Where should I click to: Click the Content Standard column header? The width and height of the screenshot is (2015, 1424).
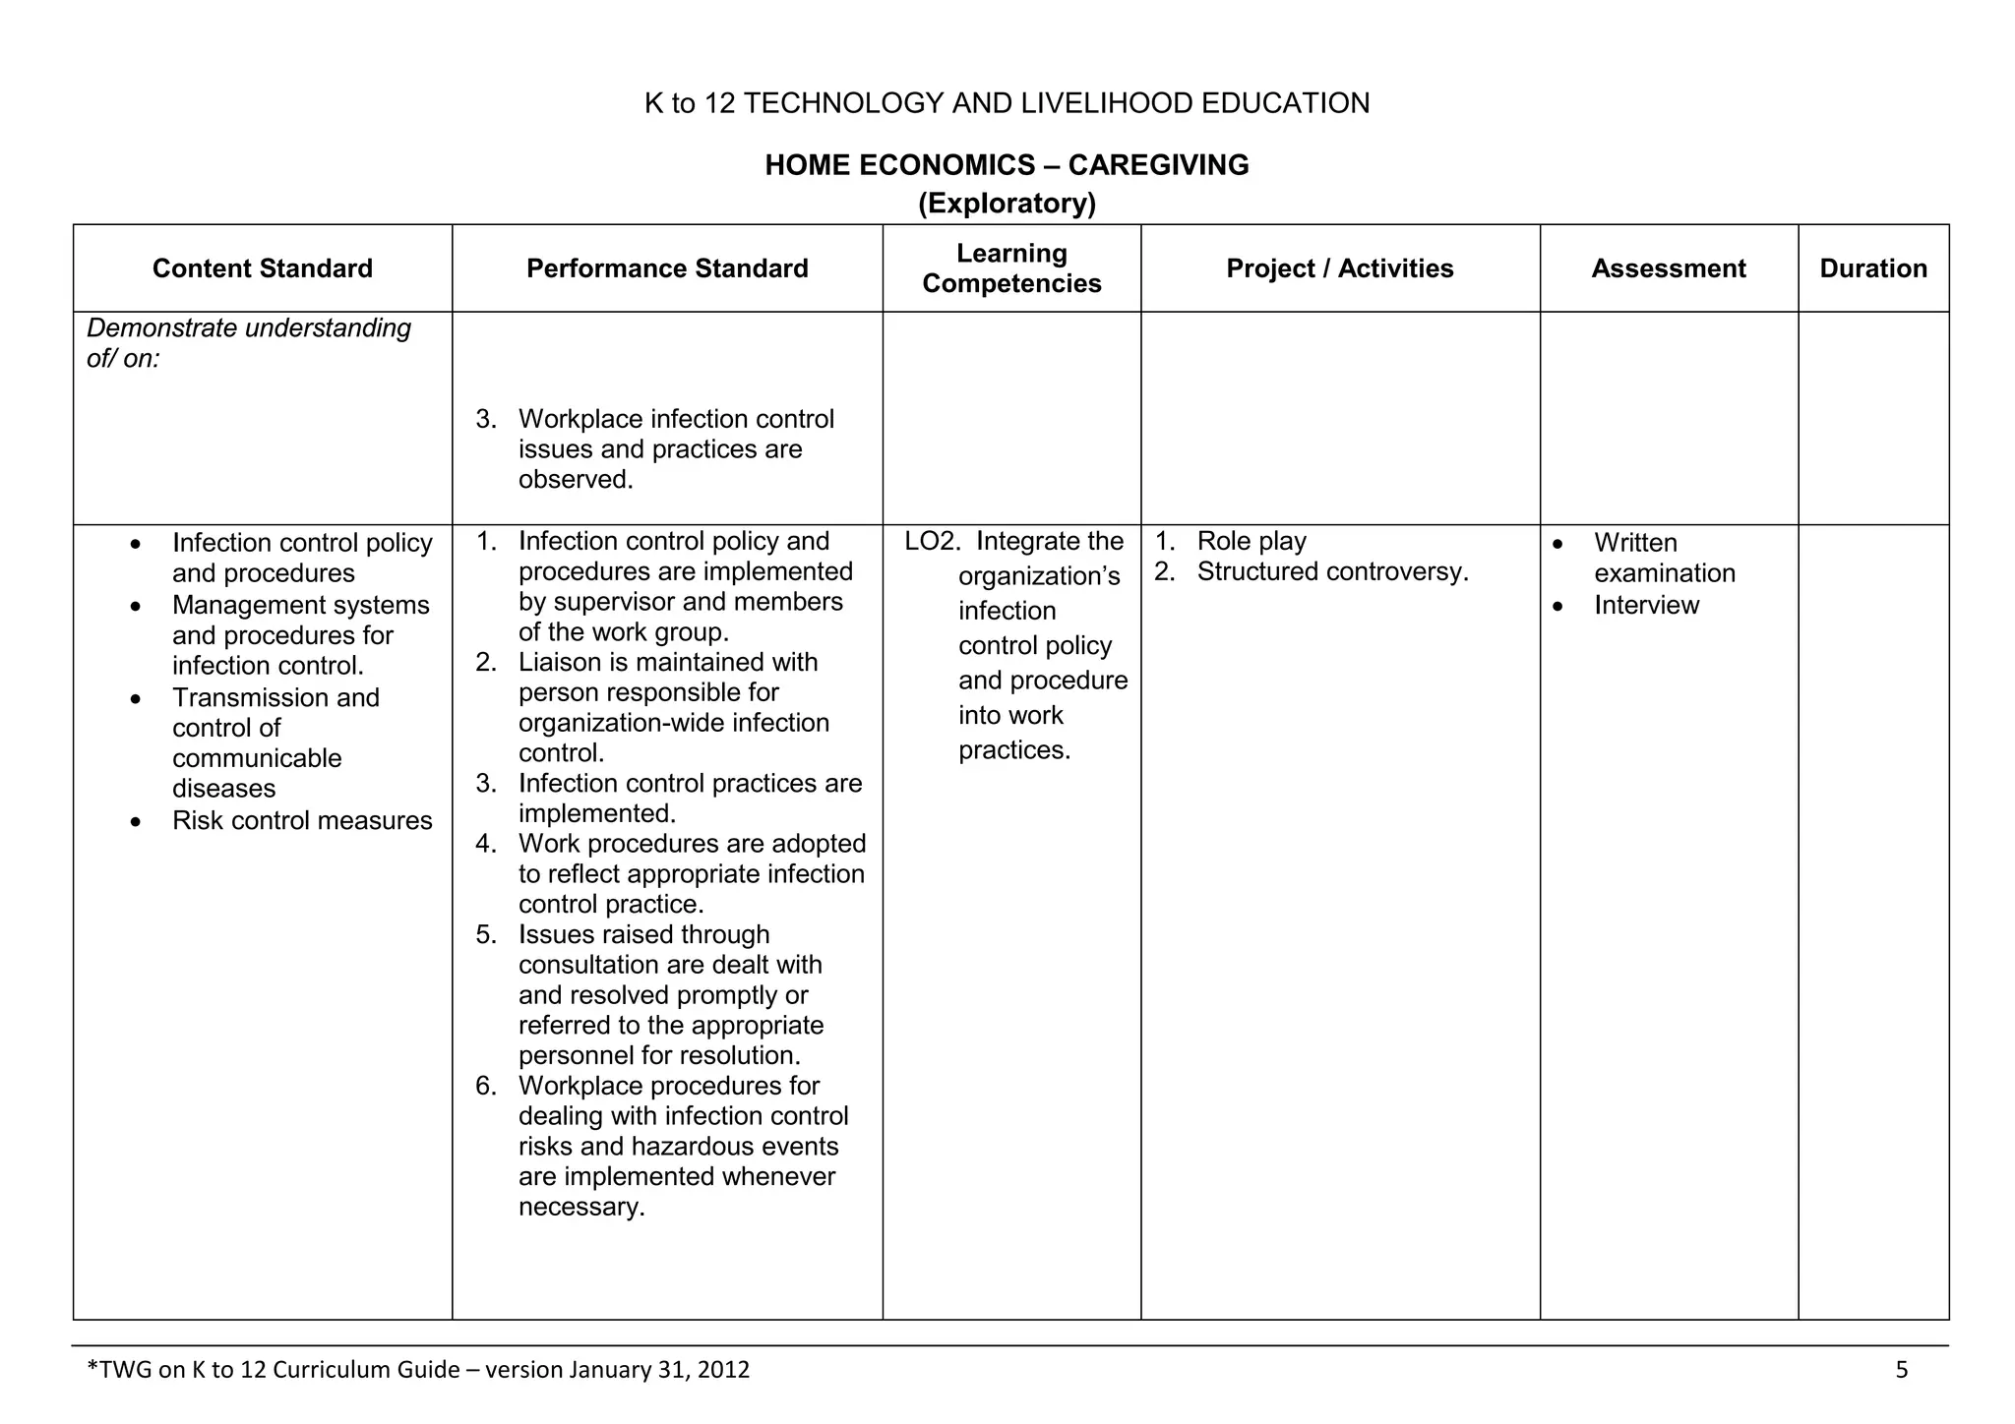click(x=262, y=268)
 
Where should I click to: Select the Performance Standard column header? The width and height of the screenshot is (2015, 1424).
click(x=667, y=268)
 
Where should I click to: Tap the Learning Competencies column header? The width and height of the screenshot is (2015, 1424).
click(x=1011, y=268)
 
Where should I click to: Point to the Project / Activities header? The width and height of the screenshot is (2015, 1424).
click(x=1339, y=268)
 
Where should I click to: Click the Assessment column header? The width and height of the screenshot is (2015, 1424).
click(x=1668, y=268)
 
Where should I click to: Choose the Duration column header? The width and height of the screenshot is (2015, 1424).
click(x=1872, y=268)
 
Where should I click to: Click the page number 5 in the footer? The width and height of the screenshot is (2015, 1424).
click(x=1901, y=1370)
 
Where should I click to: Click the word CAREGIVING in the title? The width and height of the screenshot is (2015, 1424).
click(x=1158, y=165)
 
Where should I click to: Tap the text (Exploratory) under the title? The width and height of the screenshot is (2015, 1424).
click(x=1007, y=204)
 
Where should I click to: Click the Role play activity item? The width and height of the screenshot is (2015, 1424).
click(x=1251, y=542)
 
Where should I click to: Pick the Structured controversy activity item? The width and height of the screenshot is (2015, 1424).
click(x=1332, y=572)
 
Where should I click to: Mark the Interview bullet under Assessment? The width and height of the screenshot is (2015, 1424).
click(x=1646, y=606)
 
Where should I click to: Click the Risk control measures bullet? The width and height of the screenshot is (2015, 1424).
click(x=301, y=821)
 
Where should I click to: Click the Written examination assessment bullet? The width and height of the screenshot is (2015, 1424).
click(x=1663, y=558)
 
